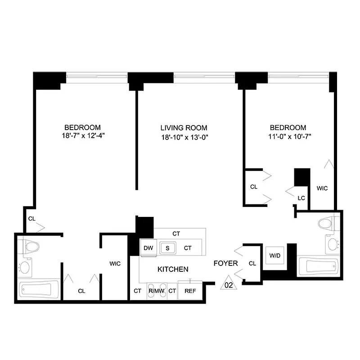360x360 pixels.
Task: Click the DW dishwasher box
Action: pos(148,248)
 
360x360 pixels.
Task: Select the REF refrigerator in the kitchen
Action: pos(190,291)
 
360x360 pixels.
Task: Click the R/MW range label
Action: pos(157,291)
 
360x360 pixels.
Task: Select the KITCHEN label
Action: pos(172,269)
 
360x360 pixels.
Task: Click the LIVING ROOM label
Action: pos(184,128)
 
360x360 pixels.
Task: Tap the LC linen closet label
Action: pos(301,198)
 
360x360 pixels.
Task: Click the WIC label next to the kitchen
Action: pos(115,264)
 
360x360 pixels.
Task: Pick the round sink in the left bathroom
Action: pos(24,268)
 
